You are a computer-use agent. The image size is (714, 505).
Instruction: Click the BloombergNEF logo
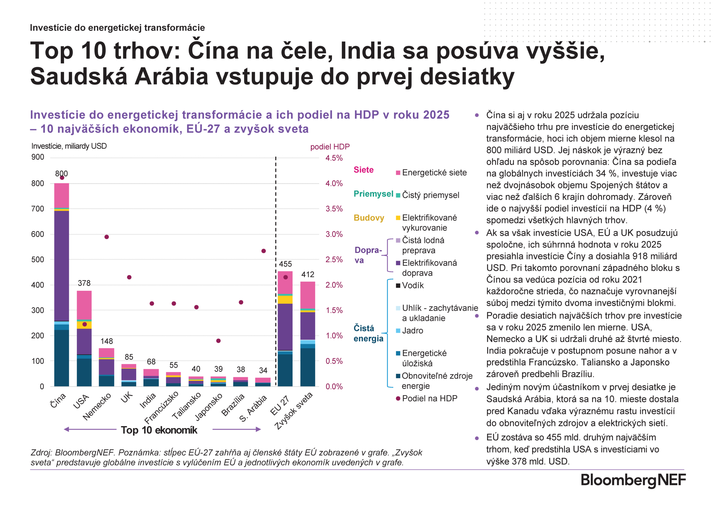633,480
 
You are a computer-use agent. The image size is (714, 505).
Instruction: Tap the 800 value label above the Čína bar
61,173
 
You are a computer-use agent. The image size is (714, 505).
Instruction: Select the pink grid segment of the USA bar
84,305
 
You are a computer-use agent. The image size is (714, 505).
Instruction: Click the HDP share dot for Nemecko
107,237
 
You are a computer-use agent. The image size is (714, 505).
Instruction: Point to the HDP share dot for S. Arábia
263,251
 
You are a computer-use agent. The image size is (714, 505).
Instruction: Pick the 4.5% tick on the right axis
334,158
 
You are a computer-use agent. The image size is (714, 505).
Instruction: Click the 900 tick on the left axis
38,157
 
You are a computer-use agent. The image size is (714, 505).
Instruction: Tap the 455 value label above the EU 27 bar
285,264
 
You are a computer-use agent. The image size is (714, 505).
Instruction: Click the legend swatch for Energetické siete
398,173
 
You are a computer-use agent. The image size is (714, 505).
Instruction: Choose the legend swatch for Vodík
398,286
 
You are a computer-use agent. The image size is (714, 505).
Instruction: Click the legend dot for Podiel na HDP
398,398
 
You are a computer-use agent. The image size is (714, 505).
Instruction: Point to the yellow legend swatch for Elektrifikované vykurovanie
398,218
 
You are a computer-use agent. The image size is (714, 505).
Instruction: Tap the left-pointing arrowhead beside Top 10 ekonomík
66,429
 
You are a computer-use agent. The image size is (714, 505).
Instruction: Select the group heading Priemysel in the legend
373,194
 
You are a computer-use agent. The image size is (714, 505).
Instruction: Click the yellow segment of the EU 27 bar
285,299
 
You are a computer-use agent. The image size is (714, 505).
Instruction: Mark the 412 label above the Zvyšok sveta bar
308,274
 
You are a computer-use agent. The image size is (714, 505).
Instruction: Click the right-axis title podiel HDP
330,147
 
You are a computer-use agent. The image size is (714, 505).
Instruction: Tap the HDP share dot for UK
129,277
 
